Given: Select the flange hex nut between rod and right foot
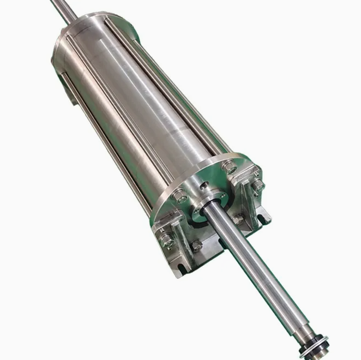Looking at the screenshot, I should pos(238,219).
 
